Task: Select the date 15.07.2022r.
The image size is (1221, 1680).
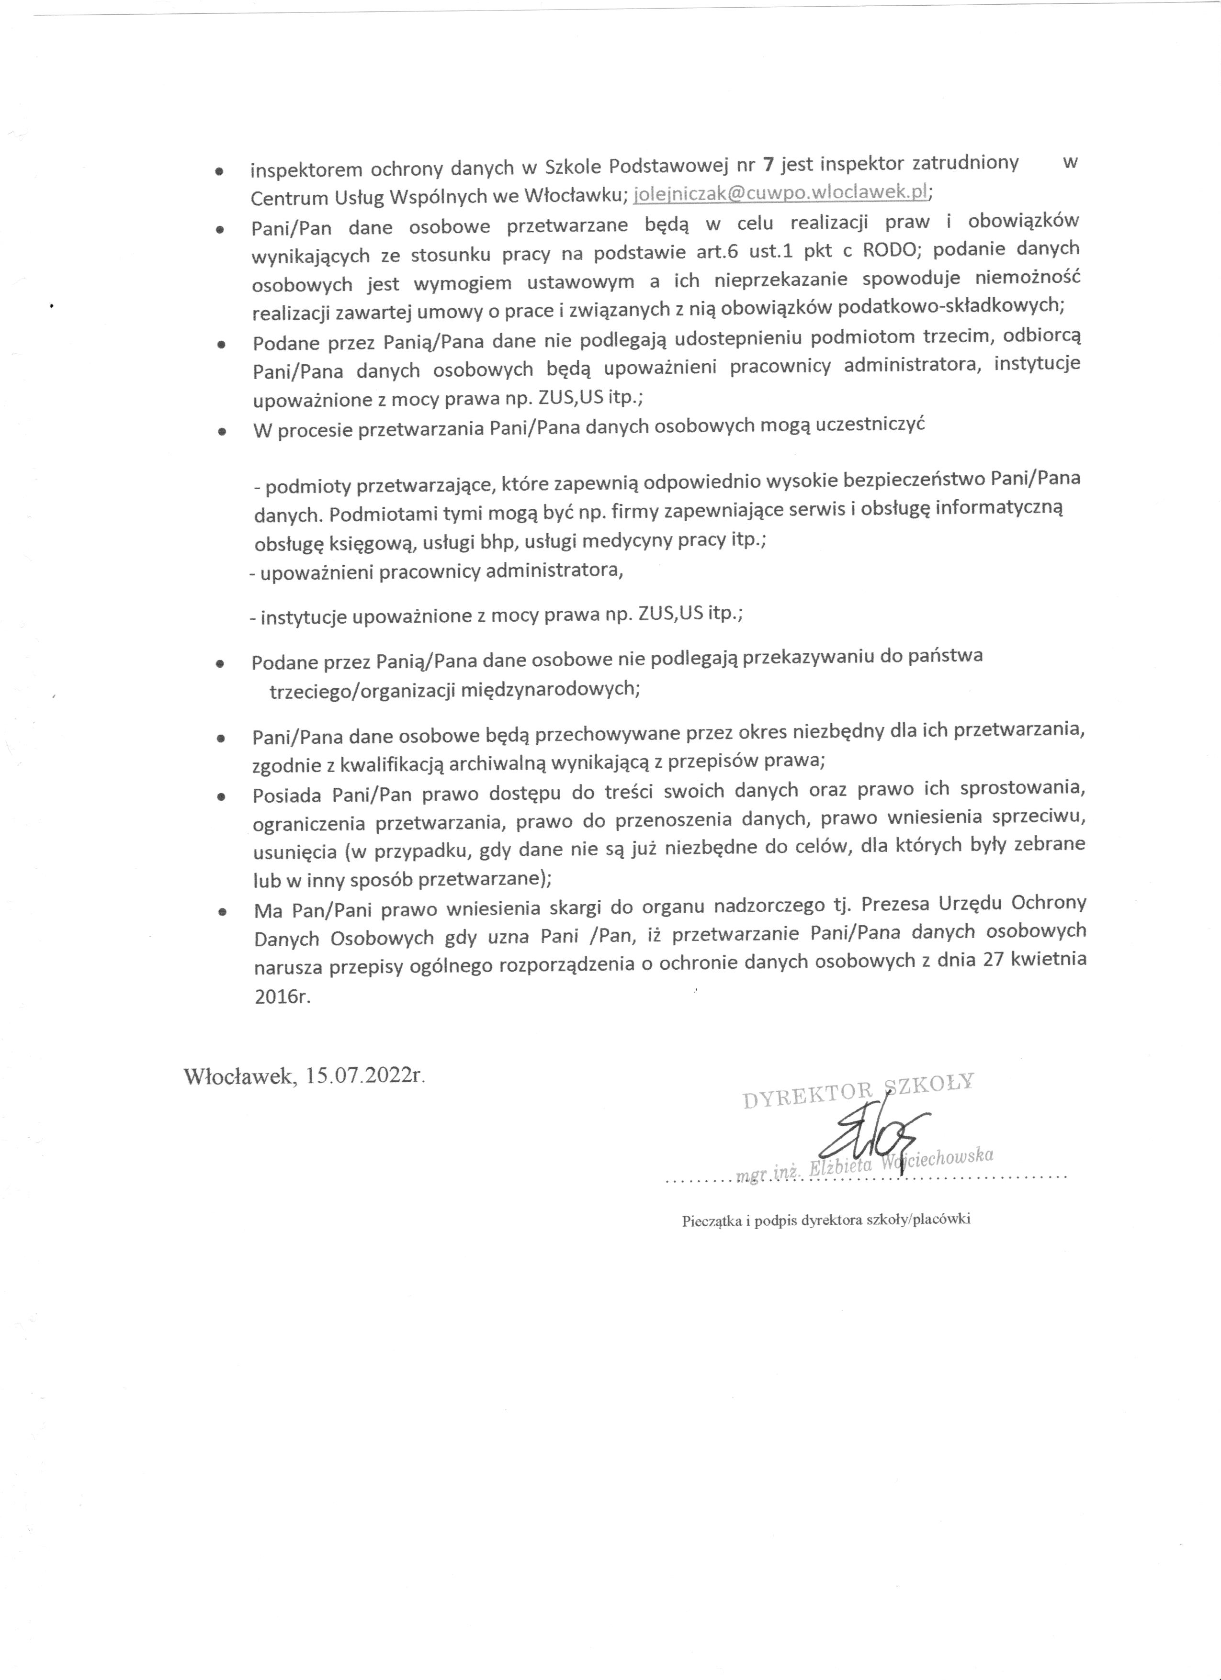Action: coord(366,1075)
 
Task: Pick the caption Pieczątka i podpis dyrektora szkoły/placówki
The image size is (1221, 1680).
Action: coord(826,1221)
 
